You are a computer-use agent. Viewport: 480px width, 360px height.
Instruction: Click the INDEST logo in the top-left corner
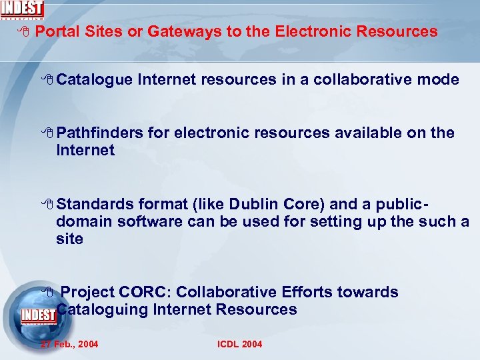(x=22, y=9)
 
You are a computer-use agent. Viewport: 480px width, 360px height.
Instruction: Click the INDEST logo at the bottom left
(x=38, y=315)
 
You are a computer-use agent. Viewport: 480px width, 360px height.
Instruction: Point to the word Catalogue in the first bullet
(x=95, y=80)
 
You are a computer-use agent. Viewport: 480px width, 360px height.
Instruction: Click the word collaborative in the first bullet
(x=353, y=80)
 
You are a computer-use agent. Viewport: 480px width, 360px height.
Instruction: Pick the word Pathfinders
(x=99, y=133)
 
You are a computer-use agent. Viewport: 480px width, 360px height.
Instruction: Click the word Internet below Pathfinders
(x=85, y=151)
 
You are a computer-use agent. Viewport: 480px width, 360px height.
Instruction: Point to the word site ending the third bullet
(x=69, y=239)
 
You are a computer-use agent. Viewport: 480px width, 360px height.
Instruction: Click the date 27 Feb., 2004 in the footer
(x=69, y=344)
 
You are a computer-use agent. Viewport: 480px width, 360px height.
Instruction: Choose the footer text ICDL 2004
(x=240, y=344)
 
